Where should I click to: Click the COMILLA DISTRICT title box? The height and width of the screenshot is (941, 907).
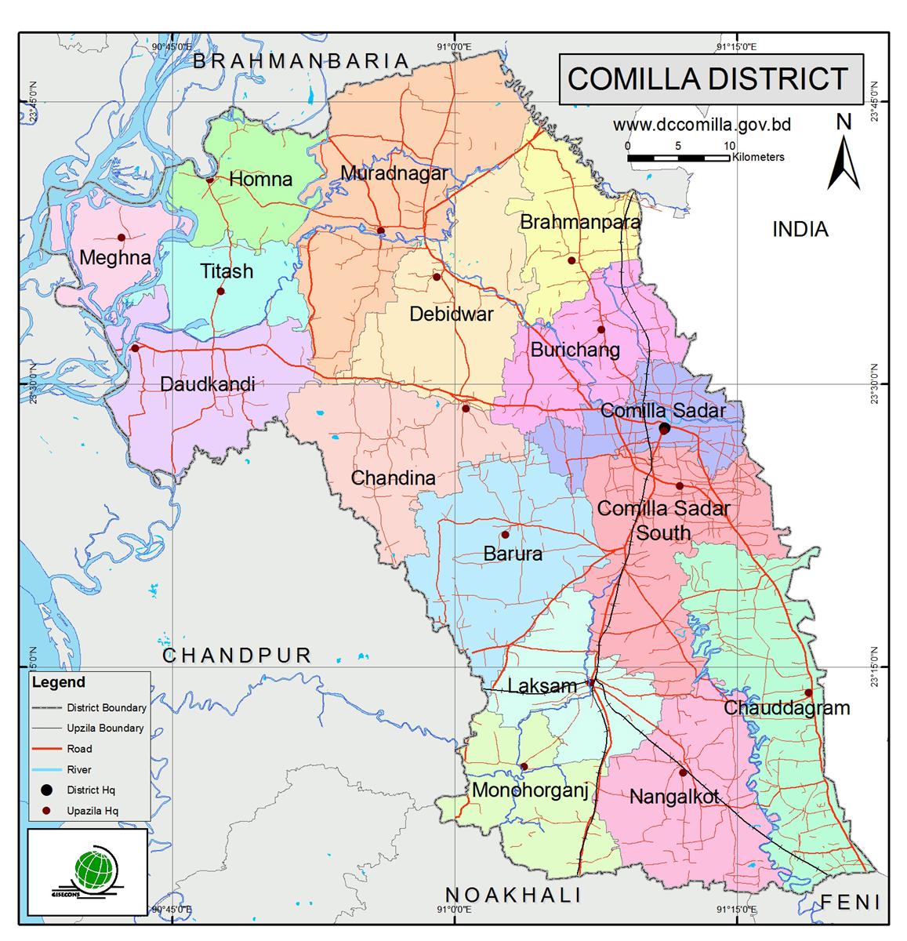[x=709, y=79]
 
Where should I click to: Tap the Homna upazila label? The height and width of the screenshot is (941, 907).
[x=260, y=180]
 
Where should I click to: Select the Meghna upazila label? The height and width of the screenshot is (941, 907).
[x=115, y=257]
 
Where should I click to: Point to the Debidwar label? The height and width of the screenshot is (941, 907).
[x=452, y=314]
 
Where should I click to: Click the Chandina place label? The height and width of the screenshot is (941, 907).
[x=394, y=478]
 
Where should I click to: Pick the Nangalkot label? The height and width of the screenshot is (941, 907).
[x=675, y=797]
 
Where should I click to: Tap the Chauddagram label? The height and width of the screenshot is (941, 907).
[x=786, y=708]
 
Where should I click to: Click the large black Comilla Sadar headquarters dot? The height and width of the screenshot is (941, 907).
[x=664, y=428]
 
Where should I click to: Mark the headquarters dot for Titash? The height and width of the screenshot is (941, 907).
[x=220, y=292]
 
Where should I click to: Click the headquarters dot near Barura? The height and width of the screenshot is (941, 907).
[x=505, y=535]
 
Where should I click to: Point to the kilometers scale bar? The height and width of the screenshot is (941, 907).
[x=678, y=158]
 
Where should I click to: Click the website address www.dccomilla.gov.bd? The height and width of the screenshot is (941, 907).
[x=701, y=125]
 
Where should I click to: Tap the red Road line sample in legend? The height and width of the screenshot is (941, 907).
[x=46, y=749]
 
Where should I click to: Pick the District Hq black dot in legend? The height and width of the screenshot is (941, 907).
[x=46, y=790]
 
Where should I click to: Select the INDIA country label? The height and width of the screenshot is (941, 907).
[x=800, y=229]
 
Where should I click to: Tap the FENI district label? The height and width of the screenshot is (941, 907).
[x=851, y=903]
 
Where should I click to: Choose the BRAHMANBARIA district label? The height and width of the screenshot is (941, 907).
[x=302, y=61]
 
